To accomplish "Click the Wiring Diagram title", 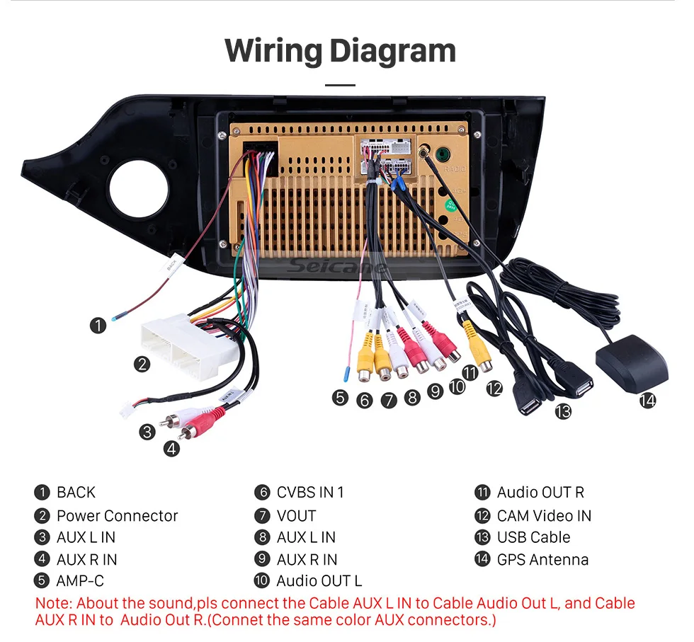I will click(x=340, y=51).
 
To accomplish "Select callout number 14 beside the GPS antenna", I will click(x=647, y=401).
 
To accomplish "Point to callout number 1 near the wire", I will click(x=98, y=326).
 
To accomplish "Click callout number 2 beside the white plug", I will click(x=143, y=365).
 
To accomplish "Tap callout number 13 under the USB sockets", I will click(x=562, y=411).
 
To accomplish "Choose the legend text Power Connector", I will click(x=117, y=515).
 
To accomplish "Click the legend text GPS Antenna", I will click(x=542, y=559).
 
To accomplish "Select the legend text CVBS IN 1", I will click(x=310, y=493).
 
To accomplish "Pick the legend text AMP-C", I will click(x=80, y=581).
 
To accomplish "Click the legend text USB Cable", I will click(x=533, y=537).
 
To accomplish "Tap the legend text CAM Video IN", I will click(x=544, y=515).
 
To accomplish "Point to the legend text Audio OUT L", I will click(x=319, y=581).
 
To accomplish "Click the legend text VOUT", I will click(x=296, y=515).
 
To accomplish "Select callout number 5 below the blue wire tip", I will click(x=341, y=398).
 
